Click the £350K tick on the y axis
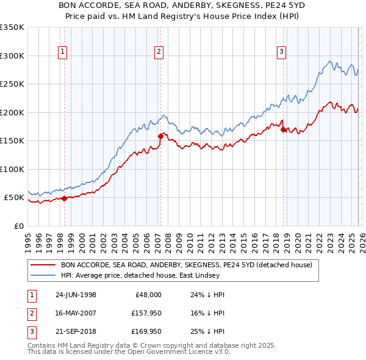coord(12,27)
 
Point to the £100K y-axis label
coord(12,169)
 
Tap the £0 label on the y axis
coord(18,226)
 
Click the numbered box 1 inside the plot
coord(63,52)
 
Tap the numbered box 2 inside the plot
coord(158,52)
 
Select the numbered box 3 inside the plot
coord(281,52)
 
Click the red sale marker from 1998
coord(65,198)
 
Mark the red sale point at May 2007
coord(160,136)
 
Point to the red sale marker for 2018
coord(283,129)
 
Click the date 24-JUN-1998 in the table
coord(76,294)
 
